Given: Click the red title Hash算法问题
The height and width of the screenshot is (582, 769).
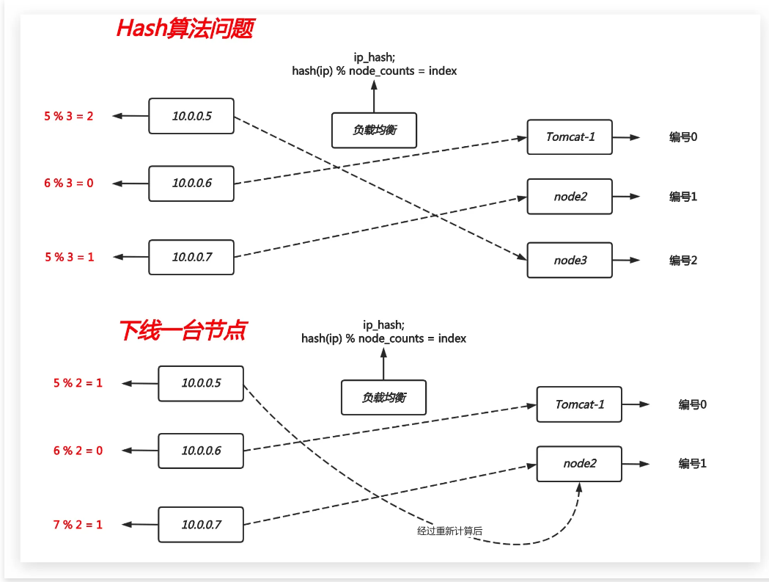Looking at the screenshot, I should coord(185,29).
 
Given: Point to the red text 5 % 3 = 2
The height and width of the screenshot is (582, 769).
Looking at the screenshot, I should coord(69,116).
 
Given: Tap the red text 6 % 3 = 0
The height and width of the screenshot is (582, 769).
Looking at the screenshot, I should coord(69,183).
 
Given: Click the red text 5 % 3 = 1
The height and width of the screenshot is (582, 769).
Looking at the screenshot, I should coord(69,257).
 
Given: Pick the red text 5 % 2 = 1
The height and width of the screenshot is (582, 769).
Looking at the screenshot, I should coord(78,382).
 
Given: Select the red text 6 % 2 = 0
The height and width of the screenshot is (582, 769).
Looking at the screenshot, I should coord(78,450).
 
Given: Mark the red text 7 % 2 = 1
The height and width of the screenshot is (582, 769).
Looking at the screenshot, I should coord(78,525).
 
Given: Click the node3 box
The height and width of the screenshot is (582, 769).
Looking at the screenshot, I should coord(570,260).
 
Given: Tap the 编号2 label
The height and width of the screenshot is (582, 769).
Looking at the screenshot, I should coord(682,260).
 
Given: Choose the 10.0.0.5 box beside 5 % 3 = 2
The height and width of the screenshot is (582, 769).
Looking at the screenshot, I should coord(191,116).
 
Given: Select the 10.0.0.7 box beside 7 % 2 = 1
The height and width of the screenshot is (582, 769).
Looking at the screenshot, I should coord(201,525).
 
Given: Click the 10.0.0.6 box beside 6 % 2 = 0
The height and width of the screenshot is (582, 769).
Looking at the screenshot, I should coord(201,450).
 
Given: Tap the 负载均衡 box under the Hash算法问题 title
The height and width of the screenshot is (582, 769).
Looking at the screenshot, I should coord(374,131).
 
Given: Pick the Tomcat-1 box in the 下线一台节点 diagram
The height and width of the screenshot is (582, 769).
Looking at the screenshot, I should coord(579,404).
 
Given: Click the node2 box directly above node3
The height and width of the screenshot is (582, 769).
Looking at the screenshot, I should coord(570,197).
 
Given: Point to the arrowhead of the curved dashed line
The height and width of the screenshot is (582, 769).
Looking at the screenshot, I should coord(579,487).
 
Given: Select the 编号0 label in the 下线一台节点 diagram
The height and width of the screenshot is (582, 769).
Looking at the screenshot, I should coord(692,404).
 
